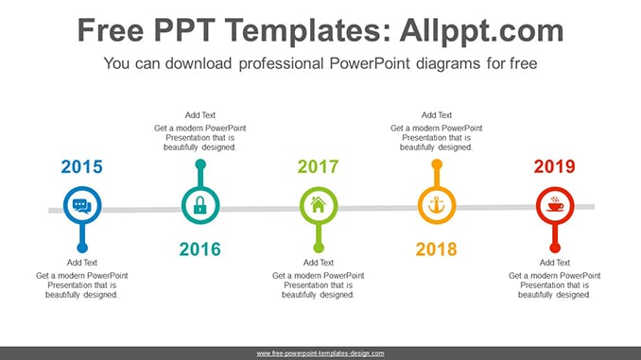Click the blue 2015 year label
(x=81, y=166)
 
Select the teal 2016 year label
(x=199, y=249)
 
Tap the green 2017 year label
(x=318, y=166)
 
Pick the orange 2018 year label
(x=436, y=249)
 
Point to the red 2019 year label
(x=554, y=166)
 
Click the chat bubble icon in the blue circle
(x=82, y=206)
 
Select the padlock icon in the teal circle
(x=199, y=205)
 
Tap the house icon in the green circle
(x=319, y=204)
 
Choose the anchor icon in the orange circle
(x=437, y=205)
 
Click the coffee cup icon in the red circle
(x=555, y=204)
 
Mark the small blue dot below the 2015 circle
(x=82, y=248)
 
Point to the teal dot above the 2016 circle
(x=200, y=164)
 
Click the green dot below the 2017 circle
(x=319, y=248)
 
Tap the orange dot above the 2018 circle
(x=437, y=164)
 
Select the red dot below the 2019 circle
(x=555, y=248)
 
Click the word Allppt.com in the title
(x=481, y=30)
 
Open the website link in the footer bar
(x=320, y=353)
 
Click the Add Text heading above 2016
(x=199, y=115)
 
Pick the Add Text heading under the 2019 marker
(x=554, y=263)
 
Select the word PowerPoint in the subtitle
(x=369, y=63)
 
